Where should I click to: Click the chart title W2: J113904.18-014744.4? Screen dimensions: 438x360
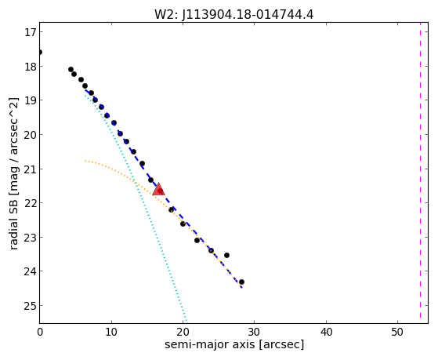[233, 14]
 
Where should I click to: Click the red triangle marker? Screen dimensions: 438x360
[158, 189]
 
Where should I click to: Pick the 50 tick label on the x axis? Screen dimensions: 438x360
[397, 332]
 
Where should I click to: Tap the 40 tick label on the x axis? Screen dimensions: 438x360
[326, 332]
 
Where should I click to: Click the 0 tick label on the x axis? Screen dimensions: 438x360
[40, 332]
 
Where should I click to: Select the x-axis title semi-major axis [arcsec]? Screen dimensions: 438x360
[234, 344]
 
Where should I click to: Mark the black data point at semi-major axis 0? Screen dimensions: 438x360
[40, 53]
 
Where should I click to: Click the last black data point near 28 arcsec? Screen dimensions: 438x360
[241, 282]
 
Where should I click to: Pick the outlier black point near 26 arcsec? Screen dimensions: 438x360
[226, 256]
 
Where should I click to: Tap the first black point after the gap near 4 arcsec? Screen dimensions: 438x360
[71, 69]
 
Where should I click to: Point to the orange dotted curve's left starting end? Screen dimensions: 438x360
[85, 161]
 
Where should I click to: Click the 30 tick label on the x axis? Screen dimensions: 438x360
[254, 332]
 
